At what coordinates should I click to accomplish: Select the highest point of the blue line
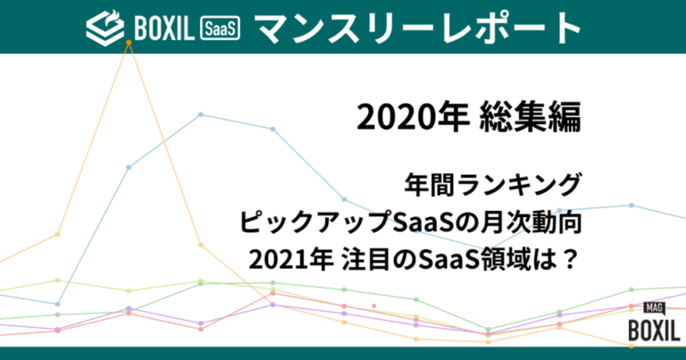(x=201, y=114)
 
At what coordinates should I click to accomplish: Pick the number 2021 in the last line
(x=277, y=259)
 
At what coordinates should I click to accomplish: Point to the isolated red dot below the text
(x=374, y=306)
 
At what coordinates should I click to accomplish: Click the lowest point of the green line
(x=488, y=330)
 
